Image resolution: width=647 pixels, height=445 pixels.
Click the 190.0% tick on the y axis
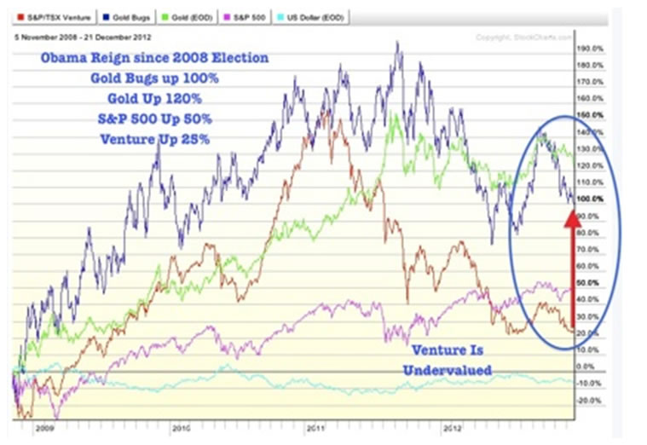(588, 49)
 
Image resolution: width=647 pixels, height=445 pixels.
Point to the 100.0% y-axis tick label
(588, 199)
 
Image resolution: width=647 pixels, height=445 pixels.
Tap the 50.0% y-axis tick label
(588, 282)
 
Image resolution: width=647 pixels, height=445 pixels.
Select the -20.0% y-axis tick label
(588, 400)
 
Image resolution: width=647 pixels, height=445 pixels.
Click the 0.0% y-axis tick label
(588, 367)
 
